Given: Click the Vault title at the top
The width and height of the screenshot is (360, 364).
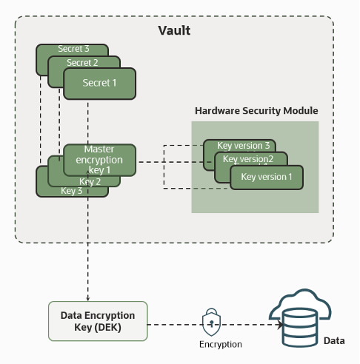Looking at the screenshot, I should point(174,30).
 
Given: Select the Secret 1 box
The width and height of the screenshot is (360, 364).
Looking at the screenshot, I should point(99,83).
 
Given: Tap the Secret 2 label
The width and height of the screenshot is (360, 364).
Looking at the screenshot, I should point(82,63).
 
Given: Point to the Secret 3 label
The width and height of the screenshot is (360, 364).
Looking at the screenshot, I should point(73,49).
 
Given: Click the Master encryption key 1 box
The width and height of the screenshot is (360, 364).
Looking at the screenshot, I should point(99,159).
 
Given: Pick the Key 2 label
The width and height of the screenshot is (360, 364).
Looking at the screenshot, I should point(89,181).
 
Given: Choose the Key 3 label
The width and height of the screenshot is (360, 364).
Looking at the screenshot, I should point(72,191).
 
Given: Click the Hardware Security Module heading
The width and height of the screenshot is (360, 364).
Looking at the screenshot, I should point(256,110).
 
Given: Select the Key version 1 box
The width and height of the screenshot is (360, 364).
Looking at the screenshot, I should point(266,177).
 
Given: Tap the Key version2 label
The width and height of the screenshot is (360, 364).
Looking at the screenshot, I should point(248,159).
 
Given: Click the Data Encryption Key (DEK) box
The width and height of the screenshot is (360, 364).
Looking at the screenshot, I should point(98,321).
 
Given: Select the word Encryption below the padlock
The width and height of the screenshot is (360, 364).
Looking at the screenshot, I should point(220,344).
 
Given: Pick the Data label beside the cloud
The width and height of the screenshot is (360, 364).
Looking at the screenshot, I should point(334,340).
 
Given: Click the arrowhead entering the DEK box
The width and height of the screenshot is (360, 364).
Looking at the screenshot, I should point(88,297).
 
